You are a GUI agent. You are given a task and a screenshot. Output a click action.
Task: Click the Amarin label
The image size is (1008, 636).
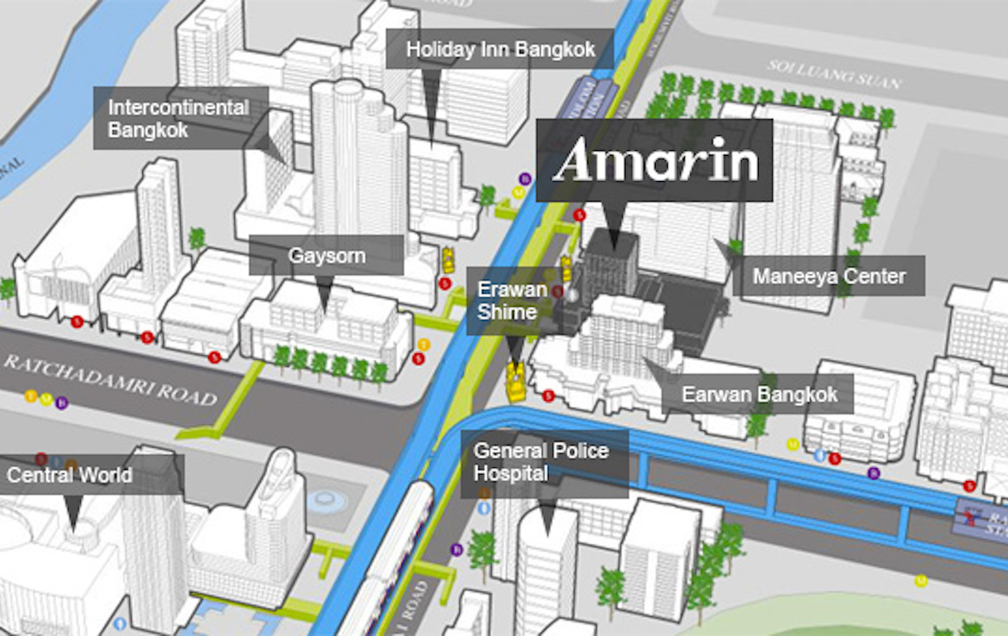655,161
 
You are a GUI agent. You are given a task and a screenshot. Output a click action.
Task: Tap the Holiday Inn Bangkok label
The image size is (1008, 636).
500,50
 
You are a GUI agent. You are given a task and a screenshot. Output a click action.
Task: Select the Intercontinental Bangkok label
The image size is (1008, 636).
179,119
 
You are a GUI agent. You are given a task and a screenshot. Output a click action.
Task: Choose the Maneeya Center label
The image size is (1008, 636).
829,277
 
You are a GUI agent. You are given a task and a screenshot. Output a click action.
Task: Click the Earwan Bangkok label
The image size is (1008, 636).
759,395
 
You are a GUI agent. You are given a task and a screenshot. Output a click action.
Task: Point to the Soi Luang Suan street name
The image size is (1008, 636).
836,75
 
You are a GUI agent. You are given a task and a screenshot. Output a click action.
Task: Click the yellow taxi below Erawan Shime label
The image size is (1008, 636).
516,382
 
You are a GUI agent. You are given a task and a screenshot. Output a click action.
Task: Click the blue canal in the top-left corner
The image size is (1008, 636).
52,95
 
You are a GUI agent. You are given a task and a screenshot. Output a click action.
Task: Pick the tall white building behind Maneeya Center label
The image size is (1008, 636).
788,198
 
